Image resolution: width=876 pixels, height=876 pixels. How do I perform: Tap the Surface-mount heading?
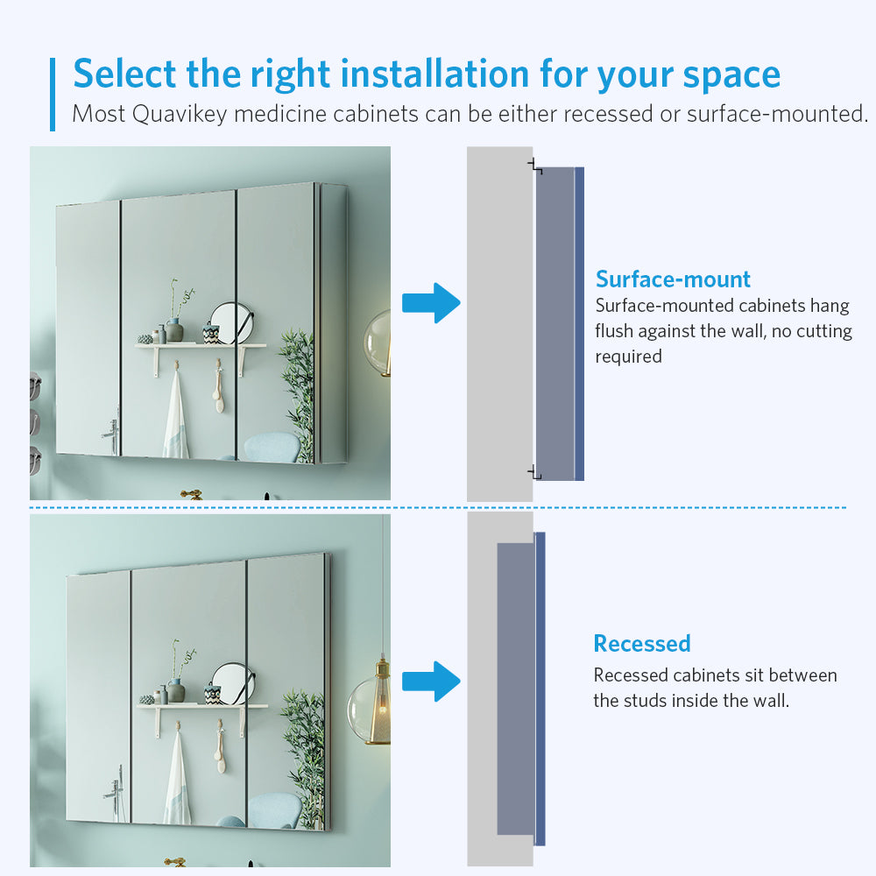(x=673, y=279)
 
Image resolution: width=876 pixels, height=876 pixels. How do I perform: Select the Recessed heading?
(x=642, y=644)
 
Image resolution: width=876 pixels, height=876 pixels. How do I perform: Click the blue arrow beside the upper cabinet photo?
(x=431, y=303)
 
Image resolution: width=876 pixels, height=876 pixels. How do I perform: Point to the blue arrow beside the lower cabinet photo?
(x=431, y=682)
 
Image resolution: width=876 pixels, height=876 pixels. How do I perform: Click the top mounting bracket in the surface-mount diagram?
(x=534, y=166)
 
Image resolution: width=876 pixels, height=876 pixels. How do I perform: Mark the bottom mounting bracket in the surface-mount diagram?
(x=534, y=473)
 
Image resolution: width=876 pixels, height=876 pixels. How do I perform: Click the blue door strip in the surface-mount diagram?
(x=579, y=323)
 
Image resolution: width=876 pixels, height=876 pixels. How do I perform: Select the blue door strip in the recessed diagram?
(x=540, y=689)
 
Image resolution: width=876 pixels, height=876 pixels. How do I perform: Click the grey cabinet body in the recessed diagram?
(x=516, y=689)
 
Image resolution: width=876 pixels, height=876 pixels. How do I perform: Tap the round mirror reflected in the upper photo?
(x=231, y=322)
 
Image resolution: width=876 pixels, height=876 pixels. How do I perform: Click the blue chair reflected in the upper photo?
(x=272, y=447)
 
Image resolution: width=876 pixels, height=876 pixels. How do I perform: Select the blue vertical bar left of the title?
(x=53, y=95)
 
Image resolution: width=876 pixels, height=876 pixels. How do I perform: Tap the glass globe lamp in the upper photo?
(x=378, y=343)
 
